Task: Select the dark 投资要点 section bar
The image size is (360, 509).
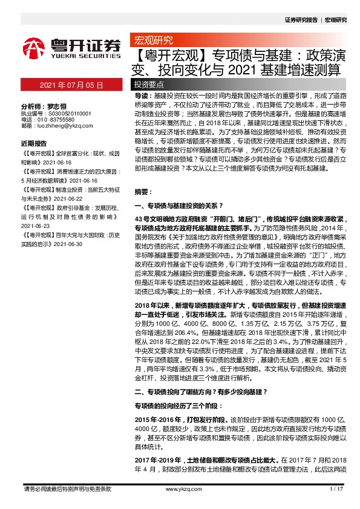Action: coord(149,85)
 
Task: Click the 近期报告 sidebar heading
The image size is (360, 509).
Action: coord(34,144)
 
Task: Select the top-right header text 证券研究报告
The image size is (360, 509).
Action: coord(301,20)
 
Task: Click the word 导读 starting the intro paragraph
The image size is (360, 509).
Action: coord(142,96)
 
